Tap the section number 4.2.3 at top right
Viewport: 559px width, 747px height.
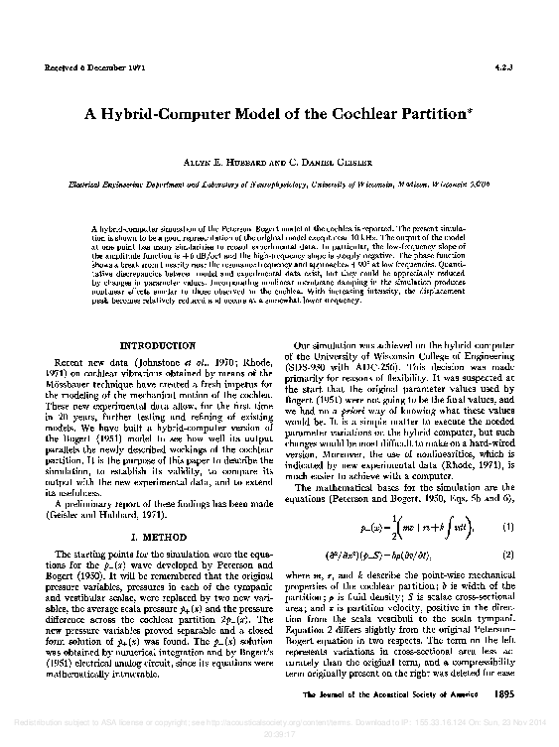pyautogui.click(x=502, y=68)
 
